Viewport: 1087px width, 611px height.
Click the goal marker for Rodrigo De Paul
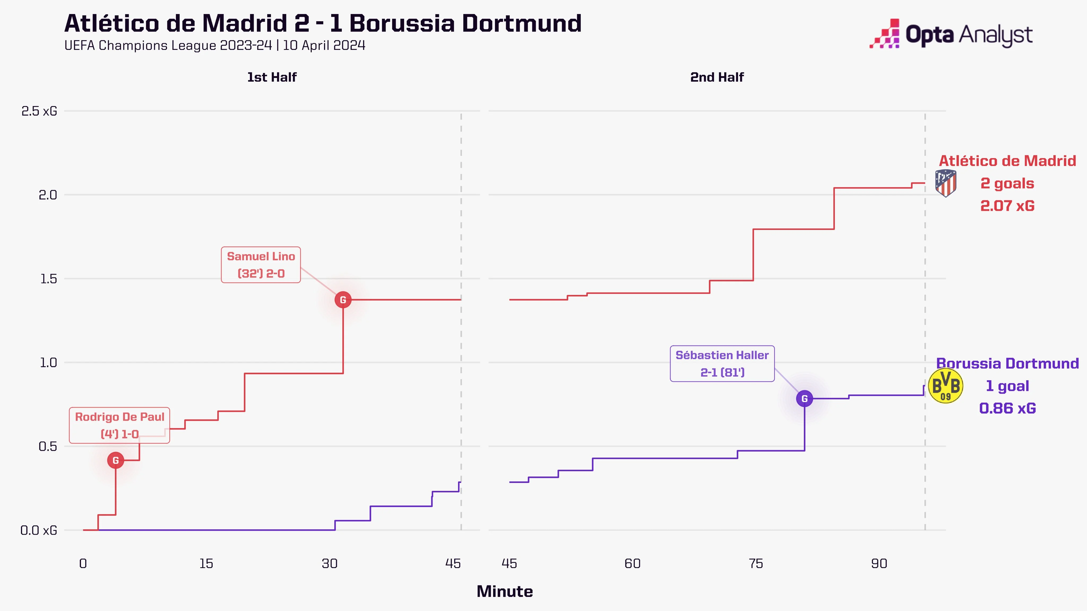tap(116, 460)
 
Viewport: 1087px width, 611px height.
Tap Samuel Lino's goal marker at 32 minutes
tap(343, 300)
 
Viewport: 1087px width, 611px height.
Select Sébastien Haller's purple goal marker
tap(804, 399)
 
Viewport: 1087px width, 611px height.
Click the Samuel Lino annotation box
tap(261, 265)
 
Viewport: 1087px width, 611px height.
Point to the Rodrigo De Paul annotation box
tap(119, 425)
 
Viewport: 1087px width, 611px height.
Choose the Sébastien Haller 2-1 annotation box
tap(722, 364)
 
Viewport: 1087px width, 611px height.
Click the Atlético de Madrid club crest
tap(946, 183)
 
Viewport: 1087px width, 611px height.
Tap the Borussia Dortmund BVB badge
tap(946, 386)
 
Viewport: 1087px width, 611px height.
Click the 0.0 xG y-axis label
tap(39, 530)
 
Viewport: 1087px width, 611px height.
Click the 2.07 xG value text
tap(1007, 206)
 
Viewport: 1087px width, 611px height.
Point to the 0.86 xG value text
tap(1007, 408)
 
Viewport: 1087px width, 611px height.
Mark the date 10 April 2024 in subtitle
tap(324, 46)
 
